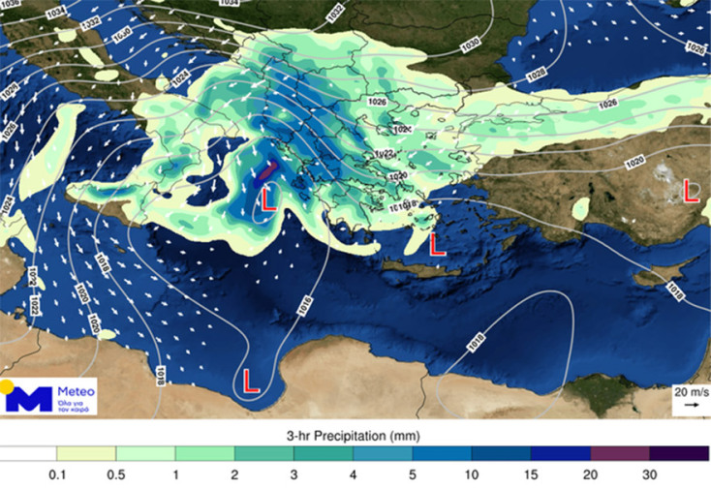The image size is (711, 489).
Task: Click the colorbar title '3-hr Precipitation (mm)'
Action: click(355, 435)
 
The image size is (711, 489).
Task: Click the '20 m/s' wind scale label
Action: click(691, 392)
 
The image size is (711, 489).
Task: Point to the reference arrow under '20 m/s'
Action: click(691, 406)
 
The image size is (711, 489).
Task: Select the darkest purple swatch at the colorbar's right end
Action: click(679, 453)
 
